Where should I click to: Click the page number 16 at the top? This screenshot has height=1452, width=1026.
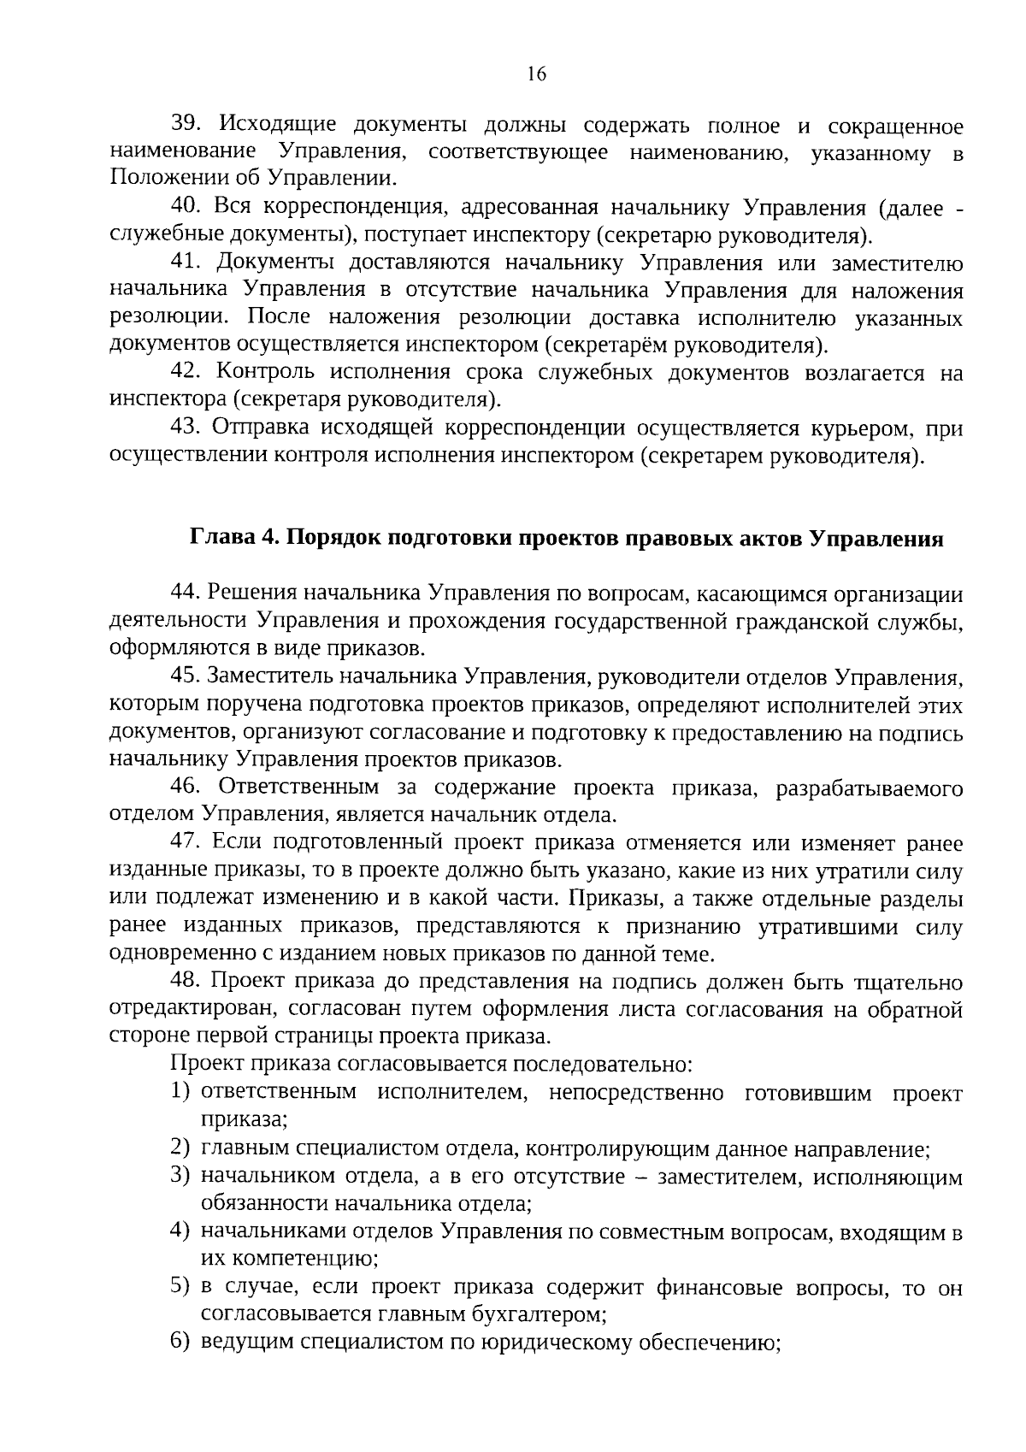point(537,74)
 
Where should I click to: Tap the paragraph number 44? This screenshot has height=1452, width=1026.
point(186,593)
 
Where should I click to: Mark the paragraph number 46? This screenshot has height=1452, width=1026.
point(186,788)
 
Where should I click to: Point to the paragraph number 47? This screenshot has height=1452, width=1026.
point(186,843)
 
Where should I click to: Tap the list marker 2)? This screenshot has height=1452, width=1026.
point(179,1148)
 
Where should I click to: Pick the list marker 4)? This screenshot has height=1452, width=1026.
point(179,1231)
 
